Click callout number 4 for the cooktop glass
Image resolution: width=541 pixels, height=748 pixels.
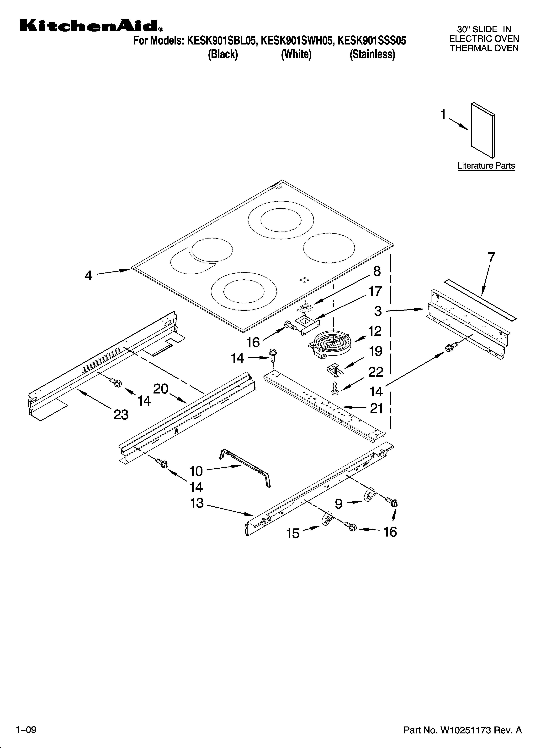(88, 275)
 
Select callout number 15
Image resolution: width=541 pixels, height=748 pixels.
(293, 533)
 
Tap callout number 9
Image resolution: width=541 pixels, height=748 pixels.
(339, 504)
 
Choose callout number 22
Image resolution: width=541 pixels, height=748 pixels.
(376, 372)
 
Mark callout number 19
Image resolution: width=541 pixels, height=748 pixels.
(376, 352)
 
